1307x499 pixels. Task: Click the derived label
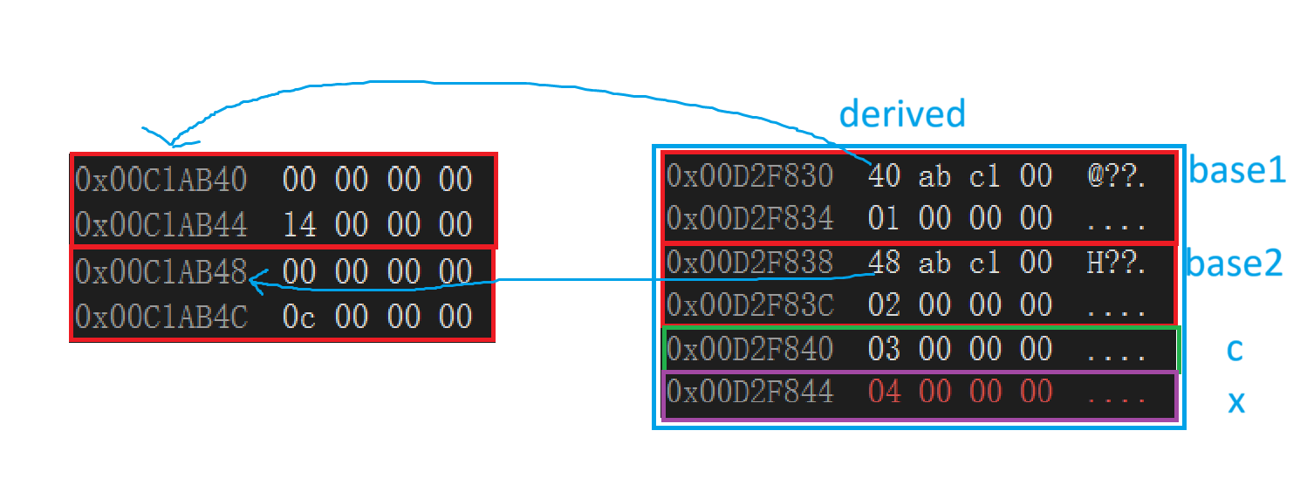pos(902,114)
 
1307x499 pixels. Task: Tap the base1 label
pos(1237,172)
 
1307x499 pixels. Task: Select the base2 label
pos(1233,263)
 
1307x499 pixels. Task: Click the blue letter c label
pos(1235,350)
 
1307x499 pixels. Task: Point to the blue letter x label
pos(1236,402)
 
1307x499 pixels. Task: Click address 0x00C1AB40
pos(161,180)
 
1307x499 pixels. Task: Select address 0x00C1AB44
pos(161,225)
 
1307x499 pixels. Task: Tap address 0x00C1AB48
pos(161,272)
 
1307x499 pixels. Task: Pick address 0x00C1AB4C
pos(161,317)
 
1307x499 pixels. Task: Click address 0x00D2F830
pos(750,175)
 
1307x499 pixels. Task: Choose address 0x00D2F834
pos(750,217)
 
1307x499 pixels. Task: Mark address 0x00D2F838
pos(750,262)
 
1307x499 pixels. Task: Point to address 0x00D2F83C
pos(750,304)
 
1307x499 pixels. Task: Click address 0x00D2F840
pos(750,350)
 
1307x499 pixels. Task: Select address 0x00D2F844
pos(750,393)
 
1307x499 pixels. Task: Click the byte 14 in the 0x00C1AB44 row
pos(299,225)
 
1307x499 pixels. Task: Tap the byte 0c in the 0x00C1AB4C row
pos(299,317)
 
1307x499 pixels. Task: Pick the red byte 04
pos(885,393)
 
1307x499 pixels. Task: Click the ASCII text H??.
pos(1116,262)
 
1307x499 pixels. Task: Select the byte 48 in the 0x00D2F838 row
pos(885,262)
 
